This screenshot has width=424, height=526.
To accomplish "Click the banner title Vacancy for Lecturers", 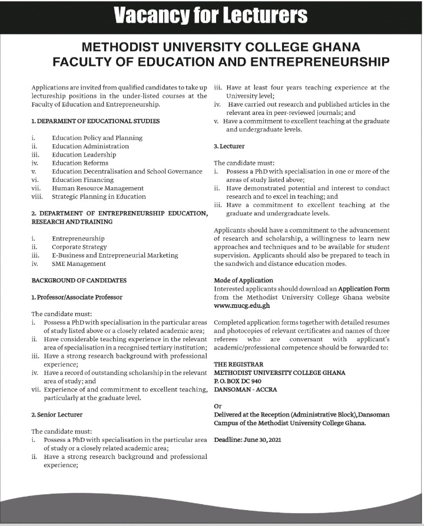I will pyautogui.click(x=211, y=15).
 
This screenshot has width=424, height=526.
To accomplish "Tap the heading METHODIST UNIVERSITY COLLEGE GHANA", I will pyautogui.click(x=212, y=47).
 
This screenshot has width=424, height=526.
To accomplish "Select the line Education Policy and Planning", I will pyautogui.click(x=97, y=138).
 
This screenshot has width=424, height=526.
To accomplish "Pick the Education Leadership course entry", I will pyautogui.click(x=84, y=155).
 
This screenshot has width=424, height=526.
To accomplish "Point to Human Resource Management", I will pyautogui.click(x=98, y=188).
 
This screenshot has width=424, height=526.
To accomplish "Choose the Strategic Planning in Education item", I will pyautogui.click(x=99, y=197).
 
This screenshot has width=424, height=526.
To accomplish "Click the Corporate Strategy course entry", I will pyautogui.click(x=79, y=247).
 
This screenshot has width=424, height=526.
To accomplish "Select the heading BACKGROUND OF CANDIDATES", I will pyautogui.click(x=79, y=281).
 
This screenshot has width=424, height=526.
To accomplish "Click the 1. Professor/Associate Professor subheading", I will pyautogui.click(x=77, y=297).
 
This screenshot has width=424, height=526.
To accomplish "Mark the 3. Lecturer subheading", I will pyautogui.click(x=229, y=145).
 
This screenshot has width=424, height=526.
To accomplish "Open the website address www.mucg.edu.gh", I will pyautogui.click(x=241, y=306).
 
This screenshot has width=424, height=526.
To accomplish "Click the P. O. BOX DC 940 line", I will pyautogui.click(x=238, y=381).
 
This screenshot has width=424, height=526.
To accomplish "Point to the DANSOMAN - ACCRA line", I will pyautogui.click(x=245, y=389).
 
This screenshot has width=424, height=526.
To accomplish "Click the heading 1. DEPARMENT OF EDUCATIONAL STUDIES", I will pyautogui.click(x=95, y=121).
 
